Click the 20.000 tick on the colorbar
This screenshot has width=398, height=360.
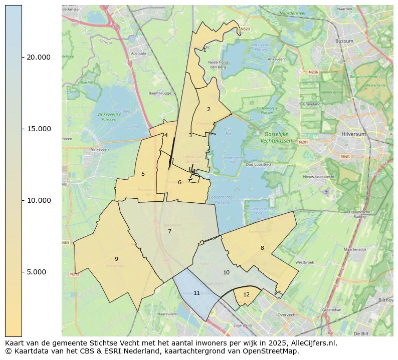pyautogui.click(x=38, y=57)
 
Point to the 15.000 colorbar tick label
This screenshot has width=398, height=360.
pyautogui.click(x=38, y=129)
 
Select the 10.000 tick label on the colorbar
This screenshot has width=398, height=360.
pyautogui.click(x=38, y=200)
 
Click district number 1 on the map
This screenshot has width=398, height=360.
pyautogui.click(x=205, y=50)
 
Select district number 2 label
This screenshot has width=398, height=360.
pyautogui.click(x=209, y=109)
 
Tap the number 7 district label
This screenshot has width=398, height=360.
pyautogui.click(x=169, y=231)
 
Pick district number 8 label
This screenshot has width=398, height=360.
pyautogui.click(x=262, y=248)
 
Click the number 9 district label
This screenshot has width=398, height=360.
pyautogui.click(x=116, y=259)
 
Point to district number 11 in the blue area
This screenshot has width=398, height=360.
pyautogui.click(x=196, y=293)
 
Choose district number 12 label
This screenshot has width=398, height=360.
pyautogui.click(x=246, y=294)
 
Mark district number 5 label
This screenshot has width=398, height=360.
pyautogui.click(x=143, y=174)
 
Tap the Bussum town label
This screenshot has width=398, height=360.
pyautogui.click(x=344, y=41)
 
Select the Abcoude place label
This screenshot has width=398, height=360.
pyautogui.click(x=138, y=54)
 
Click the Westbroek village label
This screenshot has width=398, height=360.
pyautogui.click(x=304, y=262)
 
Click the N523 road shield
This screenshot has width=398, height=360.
pyautogui.click(x=245, y=29)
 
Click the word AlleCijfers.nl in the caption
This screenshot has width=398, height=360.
pyautogui.click(x=308, y=343)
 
